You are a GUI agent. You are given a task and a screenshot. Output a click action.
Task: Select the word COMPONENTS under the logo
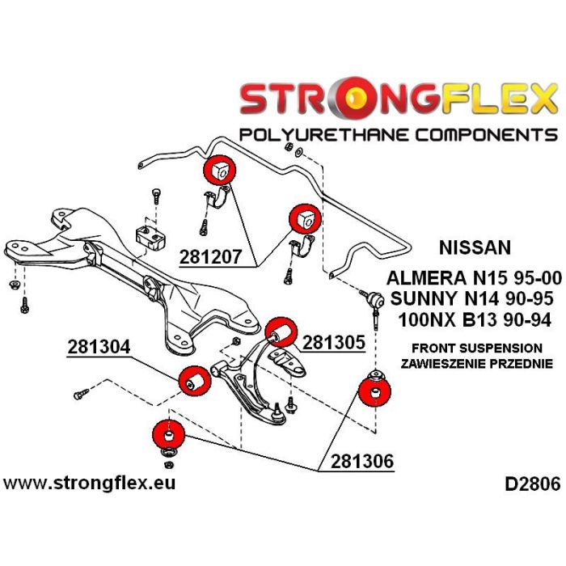tap(480, 133)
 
